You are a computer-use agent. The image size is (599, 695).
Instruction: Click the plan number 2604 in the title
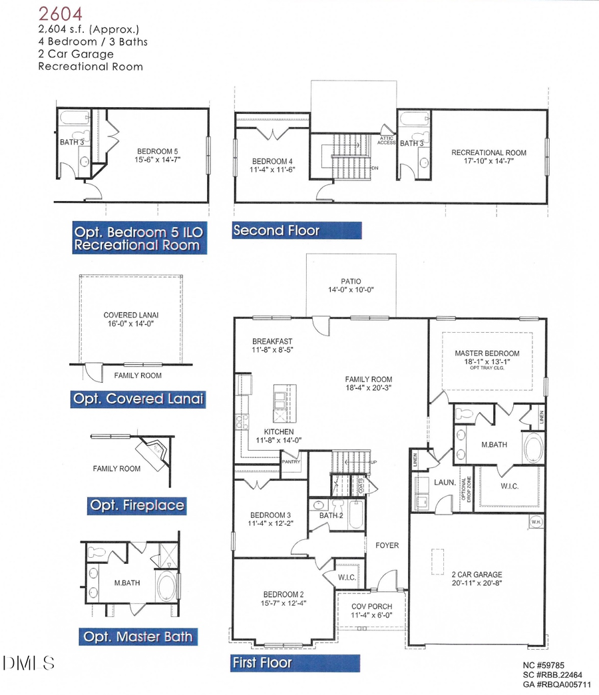point(59,13)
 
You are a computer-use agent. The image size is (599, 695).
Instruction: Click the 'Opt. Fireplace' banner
point(136,505)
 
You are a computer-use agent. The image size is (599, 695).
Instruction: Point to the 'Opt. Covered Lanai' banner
point(137,399)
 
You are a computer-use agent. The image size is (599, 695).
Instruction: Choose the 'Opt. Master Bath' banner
point(138,637)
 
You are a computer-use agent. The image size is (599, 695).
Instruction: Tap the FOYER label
point(387,545)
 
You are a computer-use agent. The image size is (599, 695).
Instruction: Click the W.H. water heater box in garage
point(536,523)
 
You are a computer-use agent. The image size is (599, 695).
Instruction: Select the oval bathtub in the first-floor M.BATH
point(533,448)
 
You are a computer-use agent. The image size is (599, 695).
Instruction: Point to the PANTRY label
point(291,461)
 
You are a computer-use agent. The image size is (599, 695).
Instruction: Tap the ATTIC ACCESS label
point(386,140)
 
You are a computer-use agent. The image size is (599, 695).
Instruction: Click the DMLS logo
point(28,663)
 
